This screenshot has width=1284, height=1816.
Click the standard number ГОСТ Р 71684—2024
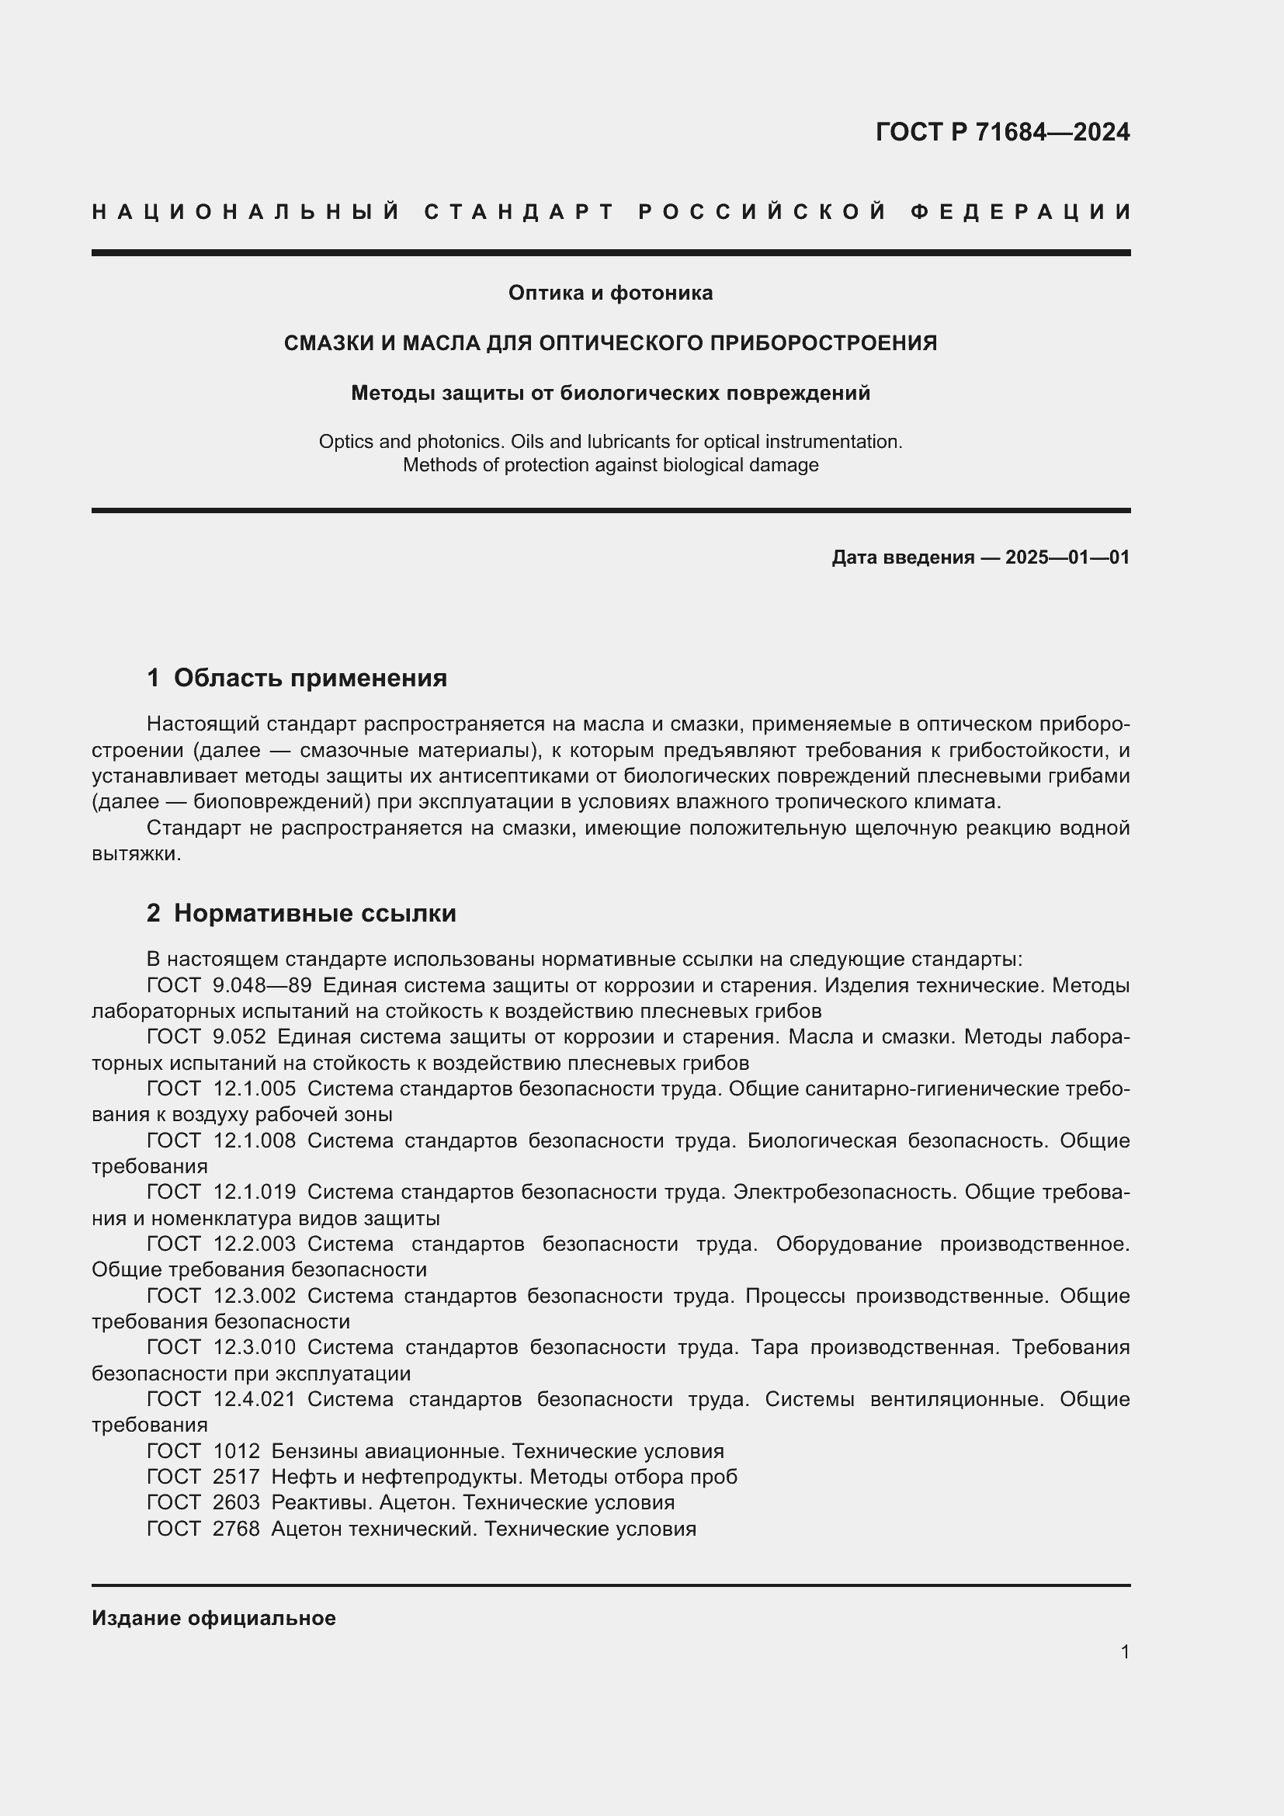click(1001, 132)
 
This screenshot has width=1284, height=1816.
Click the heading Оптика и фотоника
click(610, 293)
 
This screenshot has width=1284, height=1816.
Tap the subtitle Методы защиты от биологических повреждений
click(610, 393)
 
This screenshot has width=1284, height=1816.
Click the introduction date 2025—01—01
click(1067, 557)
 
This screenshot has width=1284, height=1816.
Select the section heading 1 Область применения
click(297, 678)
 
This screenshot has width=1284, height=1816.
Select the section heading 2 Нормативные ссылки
click(301, 914)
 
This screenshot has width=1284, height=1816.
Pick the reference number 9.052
click(240, 1037)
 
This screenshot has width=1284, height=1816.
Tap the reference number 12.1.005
click(255, 1089)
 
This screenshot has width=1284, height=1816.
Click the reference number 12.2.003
click(255, 1244)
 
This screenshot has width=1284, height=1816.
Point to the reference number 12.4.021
click(255, 1399)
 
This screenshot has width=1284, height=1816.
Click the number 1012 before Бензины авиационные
click(237, 1451)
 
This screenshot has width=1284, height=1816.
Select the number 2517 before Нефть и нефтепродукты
click(237, 1477)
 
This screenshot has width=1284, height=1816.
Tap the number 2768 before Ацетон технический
click(237, 1529)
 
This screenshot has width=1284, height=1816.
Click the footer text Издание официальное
click(213, 1618)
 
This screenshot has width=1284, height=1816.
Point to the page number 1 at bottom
click(1124, 1651)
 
